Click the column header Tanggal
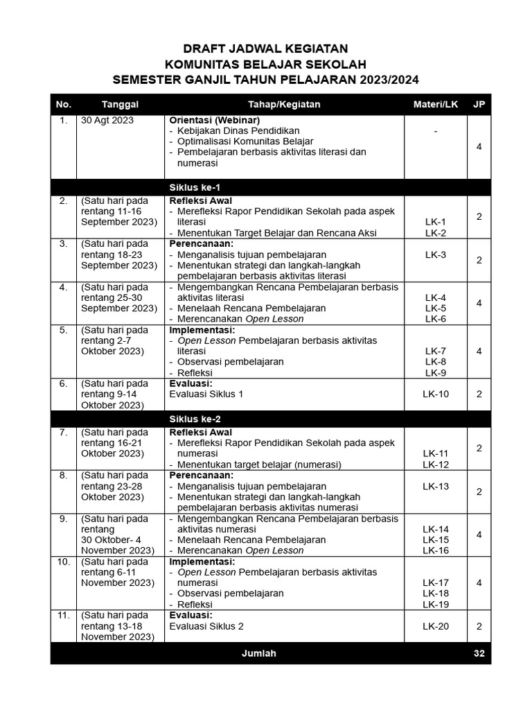[x=120, y=104]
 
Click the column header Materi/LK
[x=435, y=104]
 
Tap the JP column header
[x=479, y=104]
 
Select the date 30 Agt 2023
[x=107, y=120]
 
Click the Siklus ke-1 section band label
[x=195, y=187]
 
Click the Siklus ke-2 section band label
[x=195, y=419]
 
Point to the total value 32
[x=479, y=653]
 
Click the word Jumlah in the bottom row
[x=259, y=653]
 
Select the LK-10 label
[x=436, y=394]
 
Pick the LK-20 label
[x=436, y=625]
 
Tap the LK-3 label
[x=436, y=254]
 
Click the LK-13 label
[x=436, y=486]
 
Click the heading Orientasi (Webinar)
[x=215, y=120]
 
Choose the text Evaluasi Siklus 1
[x=206, y=394]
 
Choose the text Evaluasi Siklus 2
[x=206, y=625]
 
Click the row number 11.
[x=63, y=615]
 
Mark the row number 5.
[x=63, y=330]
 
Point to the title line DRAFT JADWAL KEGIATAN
[x=265, y=49]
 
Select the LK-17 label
[x=436, y=582]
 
